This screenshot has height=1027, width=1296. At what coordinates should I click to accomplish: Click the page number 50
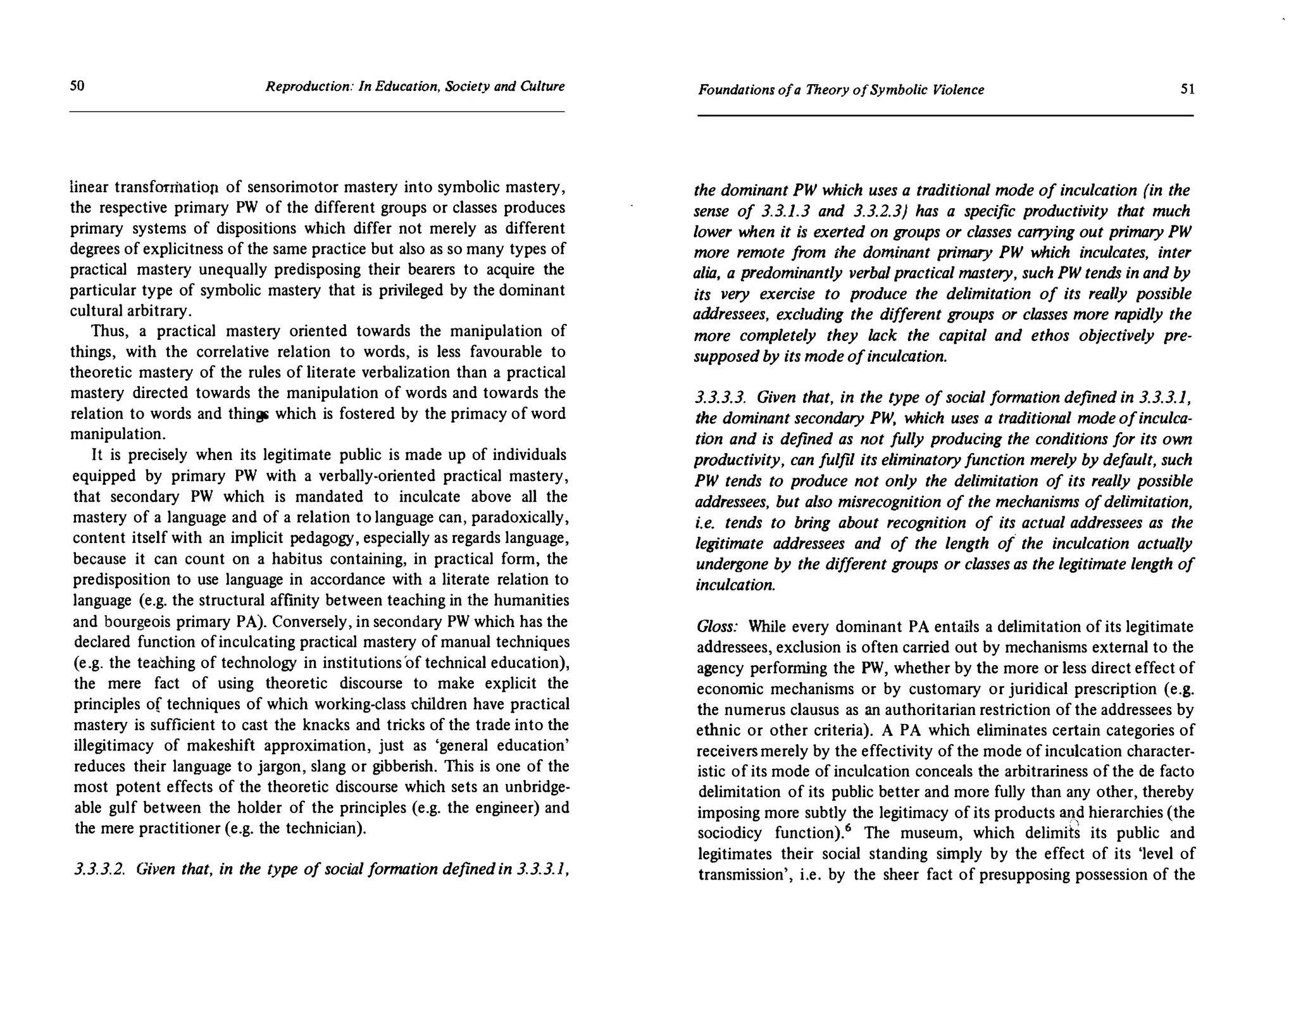tap(77, 85)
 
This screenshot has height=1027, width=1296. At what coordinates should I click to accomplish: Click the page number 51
tap(1188, 89)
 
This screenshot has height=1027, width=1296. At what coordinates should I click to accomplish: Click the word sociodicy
tap(729, 833)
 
